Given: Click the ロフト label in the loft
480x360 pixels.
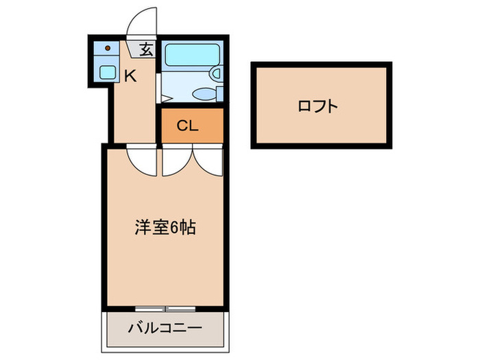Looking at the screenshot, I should click(x=318, y=106).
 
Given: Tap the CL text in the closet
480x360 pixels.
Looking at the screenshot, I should click(x=187, y=126).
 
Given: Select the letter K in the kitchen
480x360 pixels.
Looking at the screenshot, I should click(x=130, y=76).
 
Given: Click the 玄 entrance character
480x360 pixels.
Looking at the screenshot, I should click(x=146, y=49).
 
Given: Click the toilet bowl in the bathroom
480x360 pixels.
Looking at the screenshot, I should click(x=203, y=94).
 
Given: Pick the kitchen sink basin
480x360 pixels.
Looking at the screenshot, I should click(x=108, y=71).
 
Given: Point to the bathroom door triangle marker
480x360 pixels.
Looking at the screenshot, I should click(x=165, y=98).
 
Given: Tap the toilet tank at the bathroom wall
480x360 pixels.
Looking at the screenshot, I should click(x=219, y=94).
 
